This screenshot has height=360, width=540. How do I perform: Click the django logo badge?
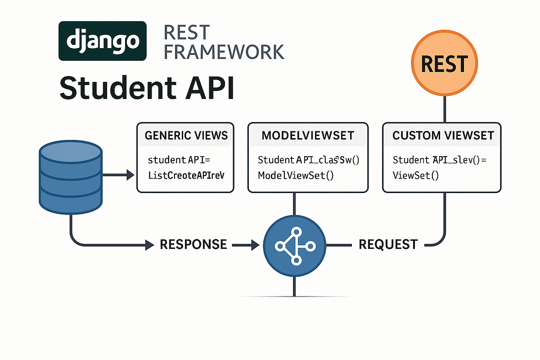coord(103,41)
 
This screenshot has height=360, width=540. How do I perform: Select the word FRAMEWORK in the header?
coord(224,52)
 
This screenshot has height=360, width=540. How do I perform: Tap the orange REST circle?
coord(445,63)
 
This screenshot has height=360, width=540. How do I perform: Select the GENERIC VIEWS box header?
coord(185,135)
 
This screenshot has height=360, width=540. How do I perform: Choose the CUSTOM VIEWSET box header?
coord(443,135)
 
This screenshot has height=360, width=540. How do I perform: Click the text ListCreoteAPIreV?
coord(185,175)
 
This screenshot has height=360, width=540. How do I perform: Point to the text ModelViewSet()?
coord(296,175)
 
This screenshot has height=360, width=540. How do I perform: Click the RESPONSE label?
coord(193,244)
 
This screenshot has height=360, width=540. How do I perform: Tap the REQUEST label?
coord(388,244)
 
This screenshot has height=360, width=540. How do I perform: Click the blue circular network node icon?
coord(294,245)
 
